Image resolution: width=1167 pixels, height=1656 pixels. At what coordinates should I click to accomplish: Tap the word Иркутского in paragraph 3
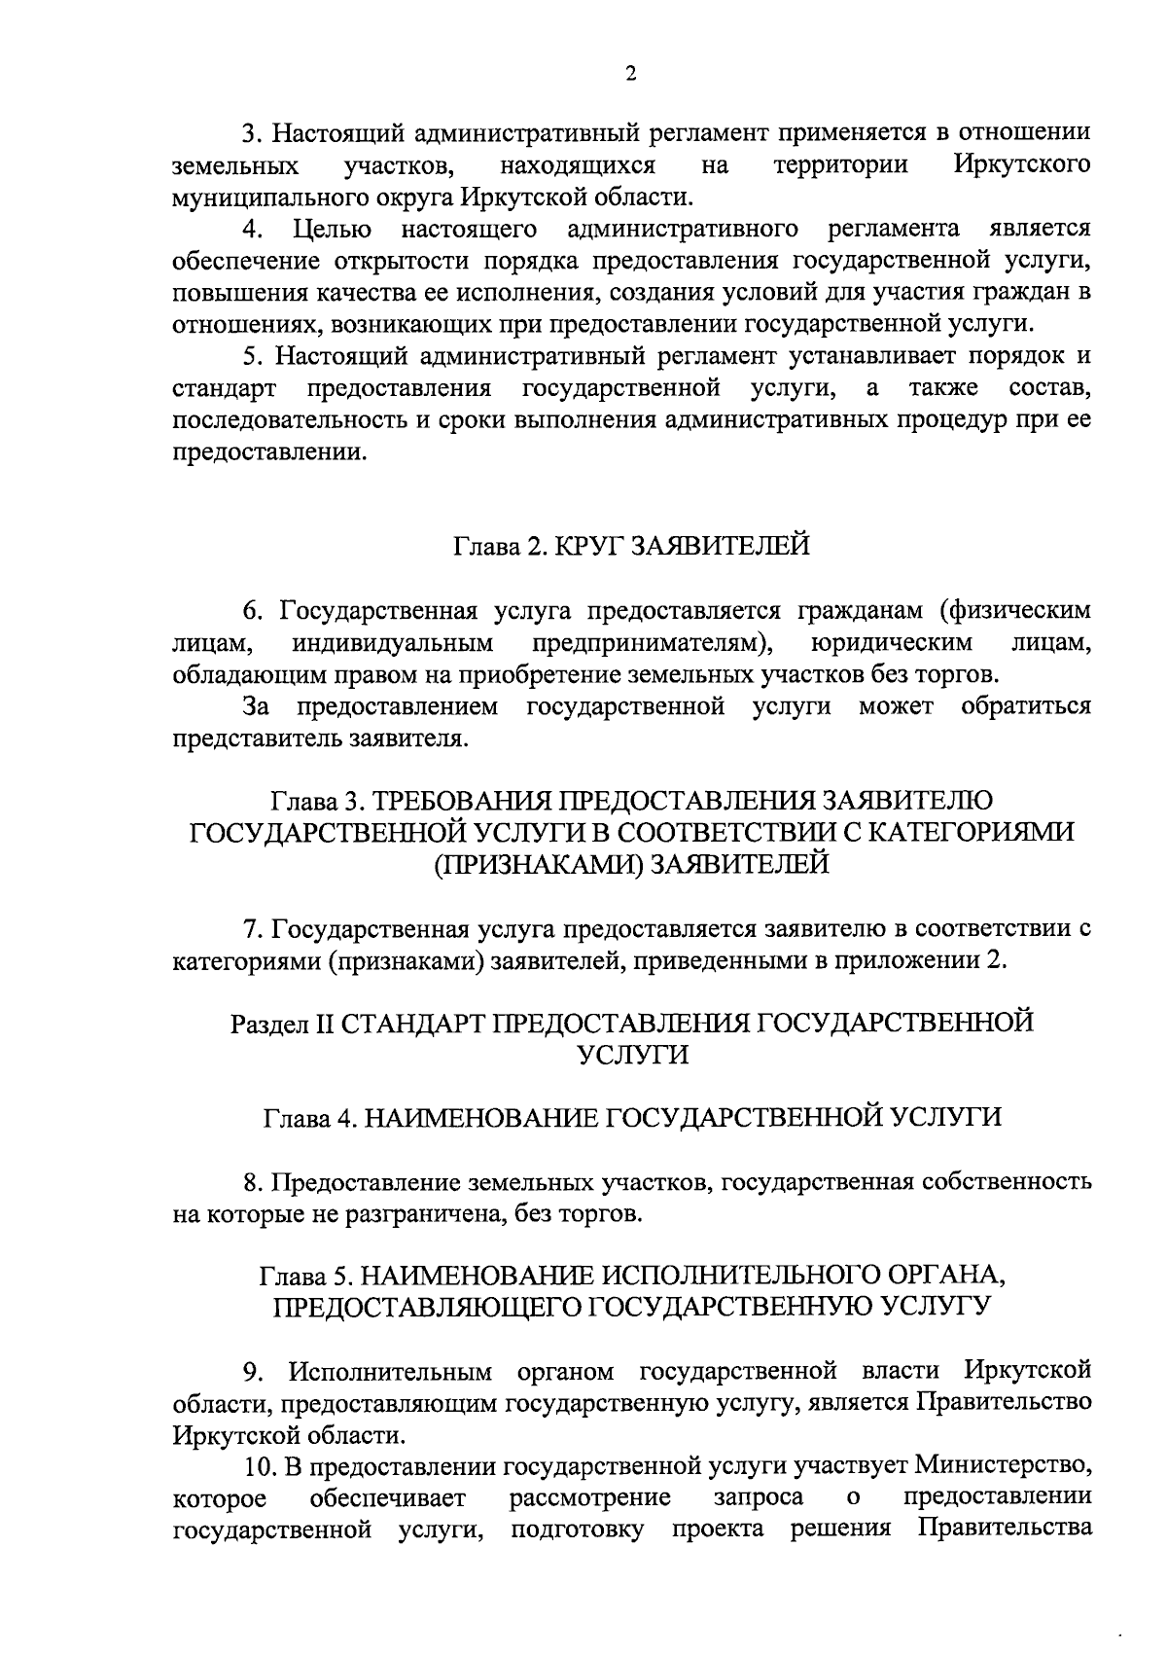1021,165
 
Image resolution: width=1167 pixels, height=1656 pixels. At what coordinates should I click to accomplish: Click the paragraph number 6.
253,611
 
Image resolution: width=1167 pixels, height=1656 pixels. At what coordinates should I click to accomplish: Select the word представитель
249,739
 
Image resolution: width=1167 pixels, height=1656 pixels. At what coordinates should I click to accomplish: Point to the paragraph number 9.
253,1372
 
